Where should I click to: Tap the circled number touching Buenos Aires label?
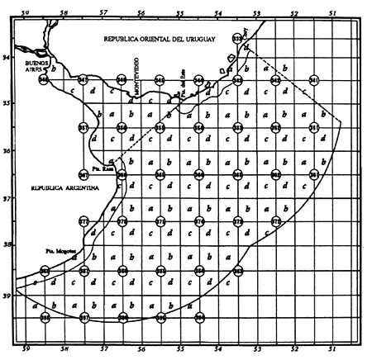click(45, 80)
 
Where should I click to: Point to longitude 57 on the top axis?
click(103, 12)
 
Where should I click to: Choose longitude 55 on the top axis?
click(179, 12)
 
